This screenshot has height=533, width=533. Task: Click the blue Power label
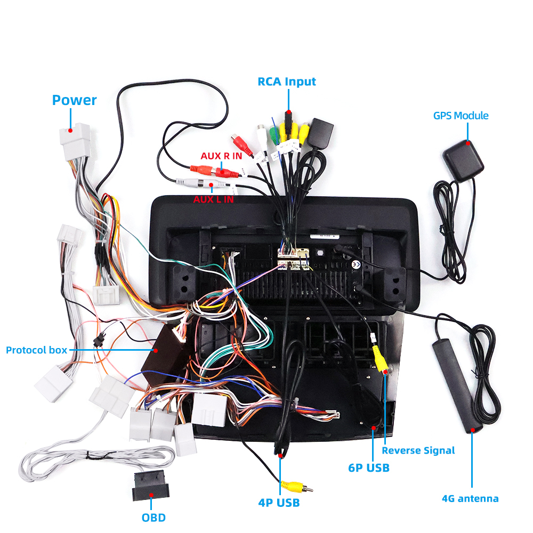74,100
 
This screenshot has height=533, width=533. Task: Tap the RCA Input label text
287,82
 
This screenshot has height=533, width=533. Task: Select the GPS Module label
461,115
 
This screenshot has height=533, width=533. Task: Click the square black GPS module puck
463,158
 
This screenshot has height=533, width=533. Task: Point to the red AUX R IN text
221,156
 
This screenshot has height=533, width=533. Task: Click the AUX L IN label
213,199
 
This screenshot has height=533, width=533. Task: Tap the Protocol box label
36,350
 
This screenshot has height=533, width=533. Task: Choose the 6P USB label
369,468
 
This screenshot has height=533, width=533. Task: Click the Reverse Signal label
418,450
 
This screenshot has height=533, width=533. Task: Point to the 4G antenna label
470,499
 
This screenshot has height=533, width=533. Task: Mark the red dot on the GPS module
468,142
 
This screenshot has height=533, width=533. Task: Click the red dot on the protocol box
156,350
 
